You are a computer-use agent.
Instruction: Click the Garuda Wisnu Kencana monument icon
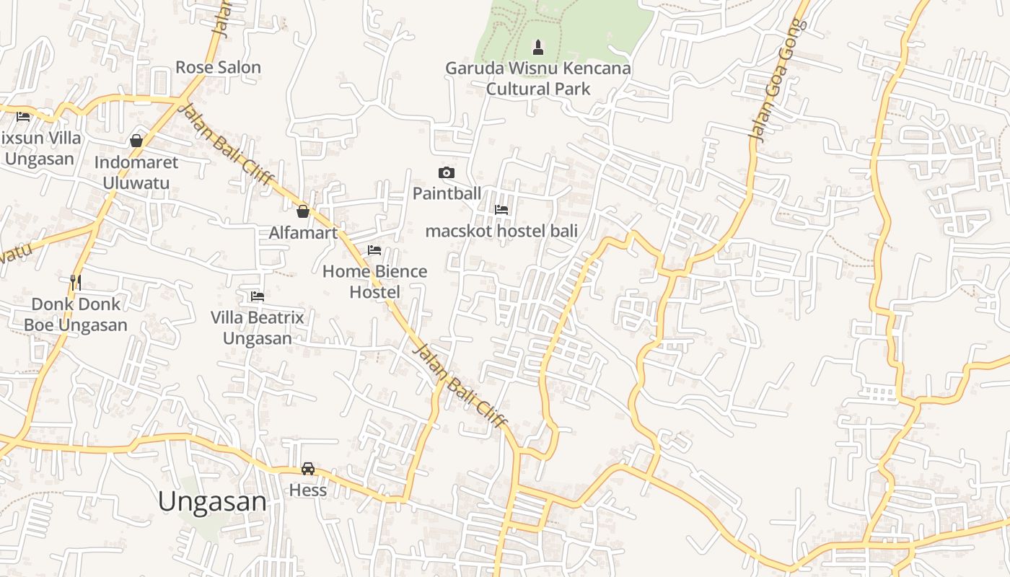coord(537,48)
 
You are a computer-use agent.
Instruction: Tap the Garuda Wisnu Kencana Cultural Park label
coord(538,79)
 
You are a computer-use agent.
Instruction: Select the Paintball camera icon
coord(447,172)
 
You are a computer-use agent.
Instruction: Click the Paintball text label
coord(447,193)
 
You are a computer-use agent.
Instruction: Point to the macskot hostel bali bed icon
coord(501,210)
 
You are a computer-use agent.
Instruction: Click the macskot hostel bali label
coord(501,232)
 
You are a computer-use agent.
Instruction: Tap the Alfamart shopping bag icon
coord(303,211)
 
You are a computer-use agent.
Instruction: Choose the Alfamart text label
coord(303,233)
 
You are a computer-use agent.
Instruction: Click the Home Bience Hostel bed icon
coord(374,250)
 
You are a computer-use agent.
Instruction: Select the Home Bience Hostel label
coord(374,281)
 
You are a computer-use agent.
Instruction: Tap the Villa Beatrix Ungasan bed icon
coord(257,296)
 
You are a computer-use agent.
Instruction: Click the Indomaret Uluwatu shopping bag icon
coord(136,140)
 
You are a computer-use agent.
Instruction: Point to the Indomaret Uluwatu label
coord(136,172)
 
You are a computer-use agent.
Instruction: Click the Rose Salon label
coord(218,68)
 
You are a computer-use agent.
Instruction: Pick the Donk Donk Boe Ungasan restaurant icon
coord(76,282)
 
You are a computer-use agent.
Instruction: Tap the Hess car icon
coord(308,469)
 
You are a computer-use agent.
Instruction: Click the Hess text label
coord(308,490)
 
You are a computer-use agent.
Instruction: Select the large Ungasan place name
coord(212,502)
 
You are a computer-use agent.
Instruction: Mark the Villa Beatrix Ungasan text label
coord(257,327)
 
